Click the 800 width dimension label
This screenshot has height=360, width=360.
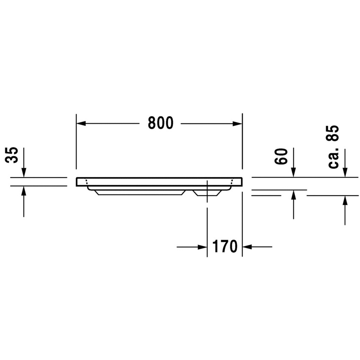point(160,123)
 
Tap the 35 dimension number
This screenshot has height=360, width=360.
point(11,155)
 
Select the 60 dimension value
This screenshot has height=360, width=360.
point(281,156)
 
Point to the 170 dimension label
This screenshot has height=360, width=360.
point(225,246)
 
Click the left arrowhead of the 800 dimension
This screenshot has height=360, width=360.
point(81,124)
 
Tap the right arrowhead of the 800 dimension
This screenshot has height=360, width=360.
point(238,124)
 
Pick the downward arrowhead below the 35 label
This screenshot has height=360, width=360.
point(24,173)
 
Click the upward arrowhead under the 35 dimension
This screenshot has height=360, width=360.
point(24,191)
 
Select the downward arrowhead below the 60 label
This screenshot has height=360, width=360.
point(294,173)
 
